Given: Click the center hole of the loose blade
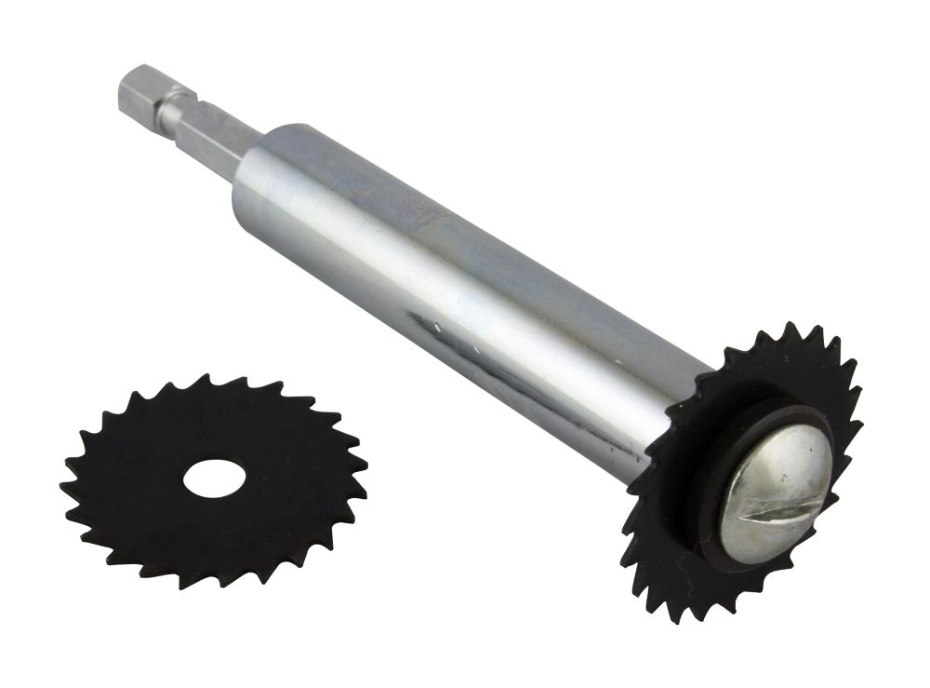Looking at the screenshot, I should point(214,479).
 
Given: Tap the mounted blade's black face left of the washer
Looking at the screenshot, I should point(674,521).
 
